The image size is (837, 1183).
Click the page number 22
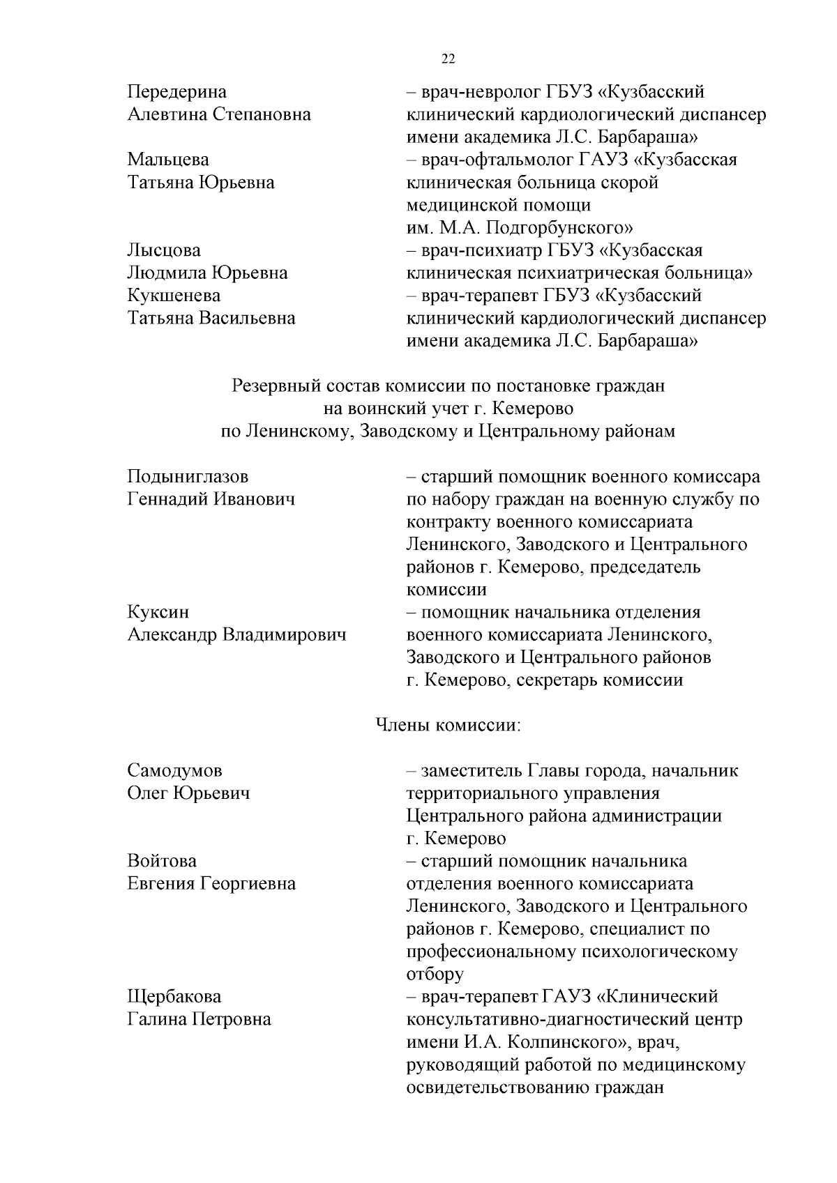[x=448, y=59]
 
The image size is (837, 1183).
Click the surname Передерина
[x=176, y=92]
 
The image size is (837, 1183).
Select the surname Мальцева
[x=167, y=160]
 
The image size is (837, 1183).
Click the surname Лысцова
[x=164, y=250]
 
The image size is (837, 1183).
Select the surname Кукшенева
[x=174, y=296]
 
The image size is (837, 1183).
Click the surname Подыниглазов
[x=188, y=477]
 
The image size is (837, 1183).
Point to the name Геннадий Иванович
[x=211, y=499]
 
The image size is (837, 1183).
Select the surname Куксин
[x=158, y=612]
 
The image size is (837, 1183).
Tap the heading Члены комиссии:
[x=448, y=725]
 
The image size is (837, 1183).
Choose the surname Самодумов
[x=174, y=770]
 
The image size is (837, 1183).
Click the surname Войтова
[x=162, y=861]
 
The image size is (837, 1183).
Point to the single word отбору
[x=435, y=974]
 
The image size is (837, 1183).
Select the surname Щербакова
[x=174, y=997]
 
